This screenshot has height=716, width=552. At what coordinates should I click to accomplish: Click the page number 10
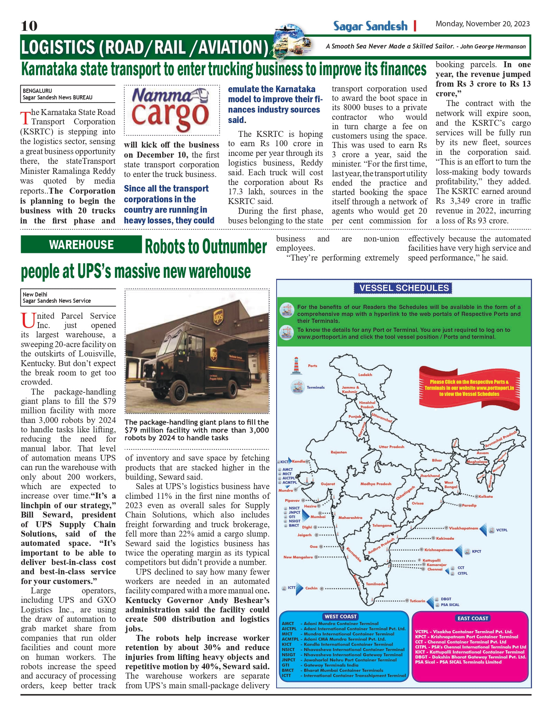tap(29, 26)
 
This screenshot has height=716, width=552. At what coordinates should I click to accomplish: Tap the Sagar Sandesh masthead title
tap(370, 26)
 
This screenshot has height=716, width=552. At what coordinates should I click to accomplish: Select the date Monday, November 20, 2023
tap(482, 24)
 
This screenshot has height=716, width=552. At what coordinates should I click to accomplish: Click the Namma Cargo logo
tap(171, 110)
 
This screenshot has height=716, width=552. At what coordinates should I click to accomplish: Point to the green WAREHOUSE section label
tap(81, 245)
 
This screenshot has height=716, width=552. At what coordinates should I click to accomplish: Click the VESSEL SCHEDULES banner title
tap(404, 288)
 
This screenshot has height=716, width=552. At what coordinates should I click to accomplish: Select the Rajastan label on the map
tap(338, 452)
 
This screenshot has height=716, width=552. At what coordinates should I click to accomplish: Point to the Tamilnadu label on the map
tap(375, 584)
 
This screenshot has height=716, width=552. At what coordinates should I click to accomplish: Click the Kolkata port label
tap(486, 496)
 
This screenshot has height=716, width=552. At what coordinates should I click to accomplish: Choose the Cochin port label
tap(311, 588)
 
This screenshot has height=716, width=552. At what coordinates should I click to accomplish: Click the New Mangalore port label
tap(298, 557)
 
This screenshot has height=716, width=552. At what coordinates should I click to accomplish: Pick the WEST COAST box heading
tap(341, 616)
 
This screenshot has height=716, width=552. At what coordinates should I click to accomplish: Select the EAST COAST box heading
tap(472, 618)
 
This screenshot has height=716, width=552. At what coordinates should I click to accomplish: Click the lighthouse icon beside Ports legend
tap(296, 366)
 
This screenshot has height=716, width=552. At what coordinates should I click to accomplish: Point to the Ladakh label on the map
tap(365, 374)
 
